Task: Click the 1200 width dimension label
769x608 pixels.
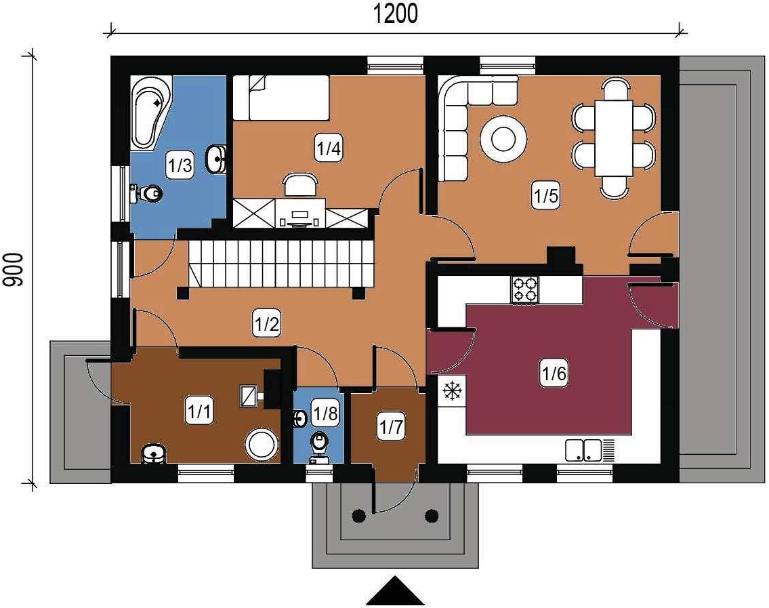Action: (x=396, y=14)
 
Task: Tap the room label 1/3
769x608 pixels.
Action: (x=180, y=165)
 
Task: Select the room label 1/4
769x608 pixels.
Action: (x=329, y=148)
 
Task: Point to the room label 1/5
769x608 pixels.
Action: (x=546, y=197)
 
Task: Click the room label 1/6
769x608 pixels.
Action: (x=554, y=374)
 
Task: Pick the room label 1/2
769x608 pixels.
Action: (x=267, y=325)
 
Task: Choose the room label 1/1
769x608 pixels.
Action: (x=199, y=411)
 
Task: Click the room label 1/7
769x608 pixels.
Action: (x=391, y=428)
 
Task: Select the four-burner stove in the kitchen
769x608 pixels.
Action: (x=525, y=289)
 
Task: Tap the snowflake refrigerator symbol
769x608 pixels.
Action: (x=452, y=391)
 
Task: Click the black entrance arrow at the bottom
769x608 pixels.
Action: (x=395, y=591)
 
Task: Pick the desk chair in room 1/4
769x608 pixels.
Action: (x=300, y=186)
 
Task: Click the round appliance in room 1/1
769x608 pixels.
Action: (x=262, y=445)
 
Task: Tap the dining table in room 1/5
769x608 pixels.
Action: (x=614, y=138)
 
